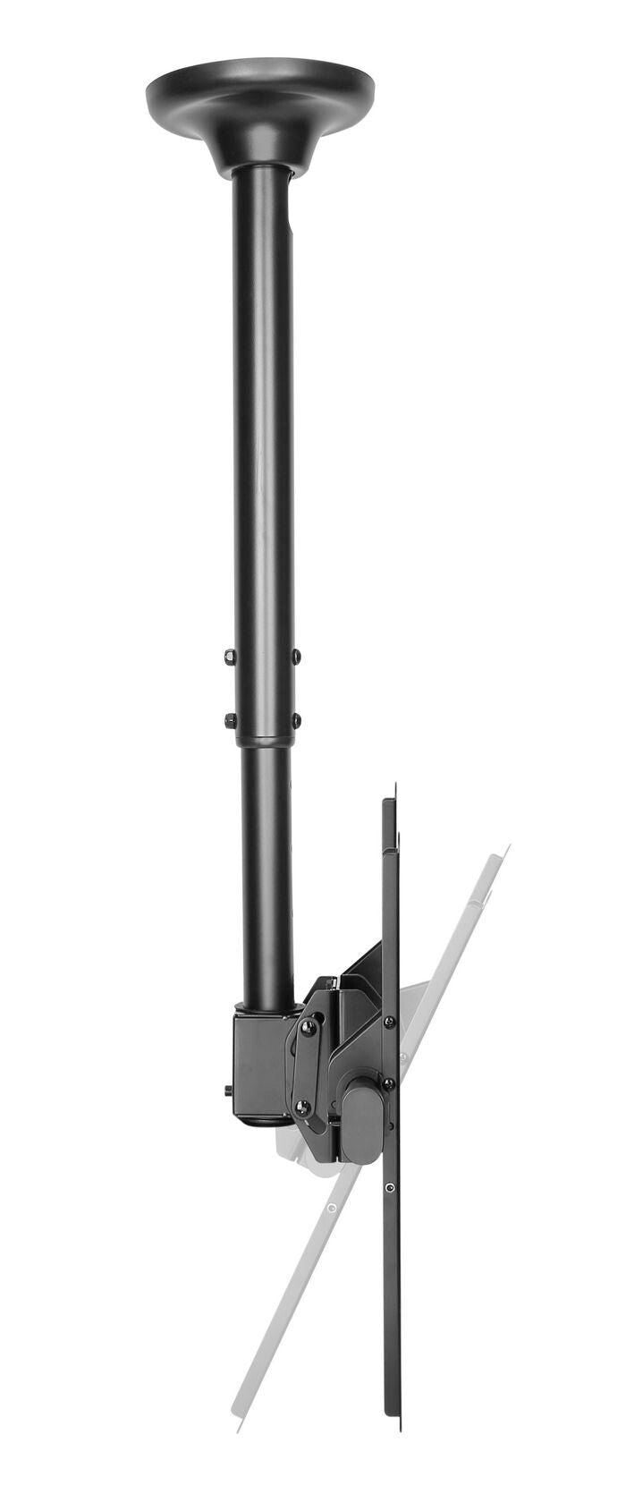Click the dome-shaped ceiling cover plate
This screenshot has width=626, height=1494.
click(259, 98)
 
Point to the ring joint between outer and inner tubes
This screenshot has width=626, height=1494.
click(263, 741)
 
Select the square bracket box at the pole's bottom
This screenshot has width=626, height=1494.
click(259, 1060)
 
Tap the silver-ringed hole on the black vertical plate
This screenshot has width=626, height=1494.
click(390, 1187)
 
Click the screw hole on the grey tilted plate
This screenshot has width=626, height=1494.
click(332, 1209)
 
